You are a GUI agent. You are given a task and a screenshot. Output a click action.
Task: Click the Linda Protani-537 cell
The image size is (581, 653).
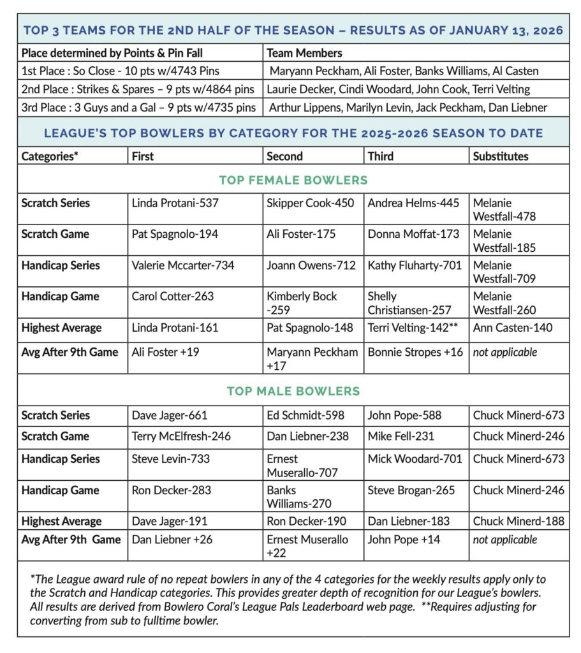(175, 203)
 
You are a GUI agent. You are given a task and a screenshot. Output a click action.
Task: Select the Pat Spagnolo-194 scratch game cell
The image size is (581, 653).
(175, 234)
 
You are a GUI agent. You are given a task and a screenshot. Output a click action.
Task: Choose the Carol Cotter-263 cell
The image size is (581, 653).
(172, 297)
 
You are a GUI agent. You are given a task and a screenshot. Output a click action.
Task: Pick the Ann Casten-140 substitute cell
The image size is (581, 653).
(513, 328)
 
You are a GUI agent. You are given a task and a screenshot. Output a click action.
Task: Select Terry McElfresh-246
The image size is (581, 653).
(181, 436)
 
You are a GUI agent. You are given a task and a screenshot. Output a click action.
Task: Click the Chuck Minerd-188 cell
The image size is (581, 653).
(518, 521)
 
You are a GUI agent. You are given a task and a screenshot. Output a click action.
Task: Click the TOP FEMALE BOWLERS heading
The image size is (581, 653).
(293, 180)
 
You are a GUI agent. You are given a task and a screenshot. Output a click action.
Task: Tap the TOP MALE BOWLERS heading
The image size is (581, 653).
(293, 391)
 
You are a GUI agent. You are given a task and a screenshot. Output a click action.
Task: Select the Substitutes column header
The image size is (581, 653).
(501, 156)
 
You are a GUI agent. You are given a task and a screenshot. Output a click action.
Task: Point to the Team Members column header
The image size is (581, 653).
(304, 53)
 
